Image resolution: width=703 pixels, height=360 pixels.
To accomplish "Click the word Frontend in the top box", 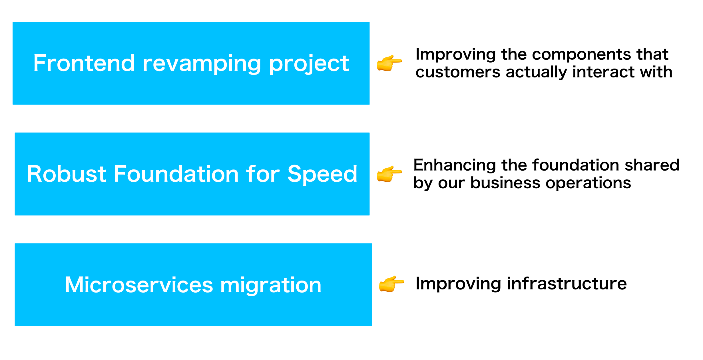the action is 84,63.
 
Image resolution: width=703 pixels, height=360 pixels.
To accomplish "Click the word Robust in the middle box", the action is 67,174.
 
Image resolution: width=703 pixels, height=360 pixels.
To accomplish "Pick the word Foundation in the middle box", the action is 176,174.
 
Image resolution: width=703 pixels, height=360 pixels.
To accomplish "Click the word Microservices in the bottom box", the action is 139,285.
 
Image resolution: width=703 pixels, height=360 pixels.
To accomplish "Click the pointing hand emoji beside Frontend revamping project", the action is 389,63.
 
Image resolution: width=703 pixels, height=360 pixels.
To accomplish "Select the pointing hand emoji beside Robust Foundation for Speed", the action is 389,174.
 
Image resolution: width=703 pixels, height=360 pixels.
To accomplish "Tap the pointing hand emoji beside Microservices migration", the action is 391,284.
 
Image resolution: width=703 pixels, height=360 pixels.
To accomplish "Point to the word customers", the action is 458,72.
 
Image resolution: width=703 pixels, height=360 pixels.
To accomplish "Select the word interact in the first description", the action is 603,72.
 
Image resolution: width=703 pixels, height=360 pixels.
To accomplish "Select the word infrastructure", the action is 567,284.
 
